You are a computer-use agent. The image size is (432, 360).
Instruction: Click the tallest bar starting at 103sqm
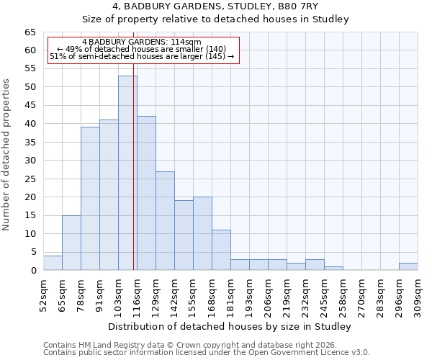tap(127, 173)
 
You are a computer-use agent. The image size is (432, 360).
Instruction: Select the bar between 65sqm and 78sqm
tap(71, 243)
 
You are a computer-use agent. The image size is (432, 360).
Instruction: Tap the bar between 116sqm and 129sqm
tap(146, 193)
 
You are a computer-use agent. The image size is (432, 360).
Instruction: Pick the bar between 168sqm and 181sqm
tap(221, 250)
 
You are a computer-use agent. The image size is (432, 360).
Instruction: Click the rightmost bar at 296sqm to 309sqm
tap(408, 266)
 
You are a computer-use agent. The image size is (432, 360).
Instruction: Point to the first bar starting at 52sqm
tap(53, 263)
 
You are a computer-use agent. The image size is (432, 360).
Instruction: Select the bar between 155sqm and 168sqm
tap(202, 233)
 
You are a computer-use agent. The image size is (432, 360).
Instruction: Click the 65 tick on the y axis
tap(30, 32)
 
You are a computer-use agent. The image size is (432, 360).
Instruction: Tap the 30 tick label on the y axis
tap(30, 161)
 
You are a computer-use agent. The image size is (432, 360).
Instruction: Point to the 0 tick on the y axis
tap(32, 271)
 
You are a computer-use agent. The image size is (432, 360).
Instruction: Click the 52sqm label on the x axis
tap(43, 294)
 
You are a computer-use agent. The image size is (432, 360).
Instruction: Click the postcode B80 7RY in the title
tap(291, 6)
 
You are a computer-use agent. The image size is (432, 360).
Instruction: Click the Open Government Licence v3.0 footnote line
tap(206, 353)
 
